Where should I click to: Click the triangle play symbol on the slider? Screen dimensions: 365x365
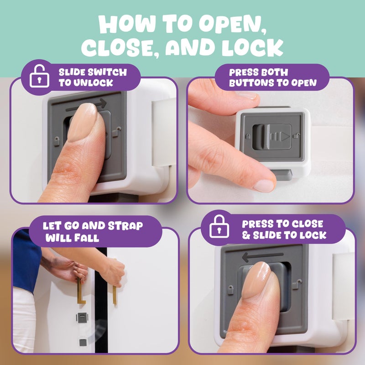pos(284,136)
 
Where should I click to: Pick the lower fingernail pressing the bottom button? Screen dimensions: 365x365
pos(264,185)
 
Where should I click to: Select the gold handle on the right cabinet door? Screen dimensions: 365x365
pos(114,292)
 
